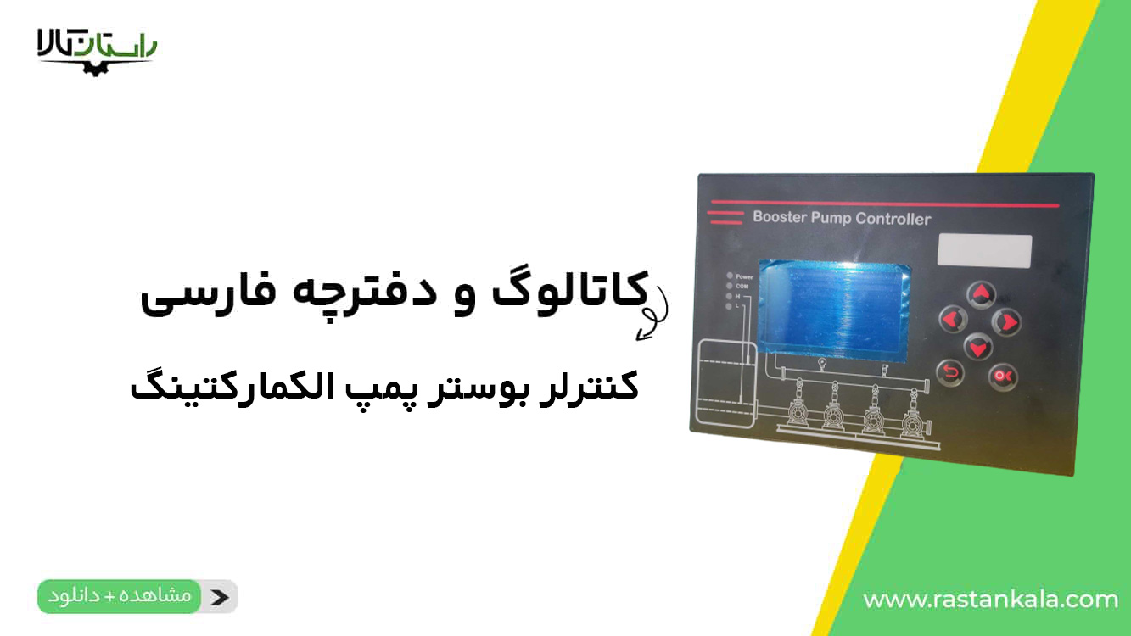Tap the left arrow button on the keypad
953,320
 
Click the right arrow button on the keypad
1006,322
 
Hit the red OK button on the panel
1004,375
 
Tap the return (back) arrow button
950,371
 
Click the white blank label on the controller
984,251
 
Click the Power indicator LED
729,276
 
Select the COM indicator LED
729,287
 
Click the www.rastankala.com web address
990,600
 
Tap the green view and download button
120,596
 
